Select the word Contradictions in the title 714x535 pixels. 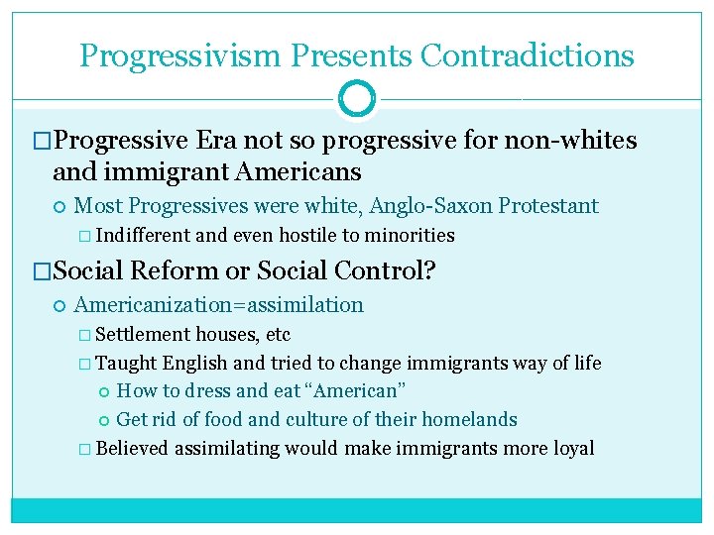(527, 55)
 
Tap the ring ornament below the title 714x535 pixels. (356, 98)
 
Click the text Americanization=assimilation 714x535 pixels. (218, 305)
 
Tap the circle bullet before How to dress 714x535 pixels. (102, 392)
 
